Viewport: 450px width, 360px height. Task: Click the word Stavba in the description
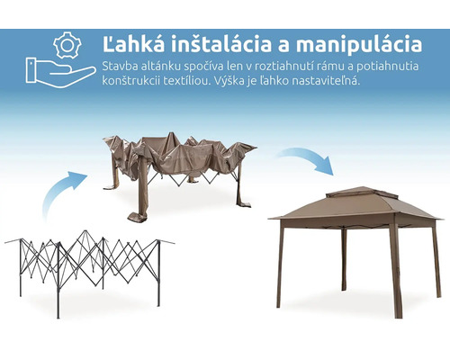tap(120, 66)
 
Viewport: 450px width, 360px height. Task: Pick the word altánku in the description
tap(165, 66)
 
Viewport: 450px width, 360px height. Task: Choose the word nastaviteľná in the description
tap(324, 81)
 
